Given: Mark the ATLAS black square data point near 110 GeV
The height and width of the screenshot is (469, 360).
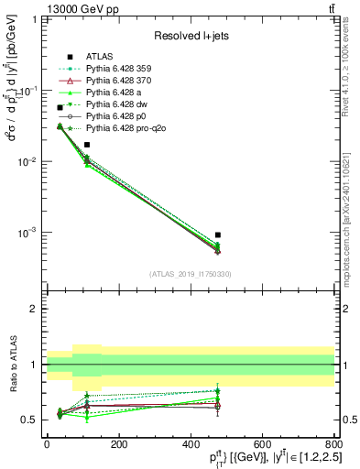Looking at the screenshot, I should click(x=87, y=145).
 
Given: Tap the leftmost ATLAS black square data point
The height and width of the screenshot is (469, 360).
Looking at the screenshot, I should click(x=60, y=108).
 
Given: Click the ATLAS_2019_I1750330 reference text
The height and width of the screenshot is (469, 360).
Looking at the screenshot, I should click(x=191, y=273).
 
